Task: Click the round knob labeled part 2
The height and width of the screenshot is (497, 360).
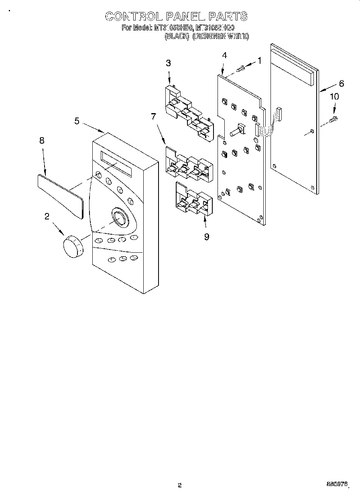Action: click(x=73, y=246)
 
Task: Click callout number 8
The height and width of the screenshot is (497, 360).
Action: click(x=42, y=140)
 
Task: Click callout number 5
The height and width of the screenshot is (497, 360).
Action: click(x=77, y=121)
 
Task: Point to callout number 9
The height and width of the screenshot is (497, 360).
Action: click(x=206, y=237)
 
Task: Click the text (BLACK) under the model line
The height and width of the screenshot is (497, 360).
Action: click(x=177, y=36)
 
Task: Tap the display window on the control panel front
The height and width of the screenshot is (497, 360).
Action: click(x=116, y=164)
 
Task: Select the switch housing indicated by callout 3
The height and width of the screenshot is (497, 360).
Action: click(x=189, y=114)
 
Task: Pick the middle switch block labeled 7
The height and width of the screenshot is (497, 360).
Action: click(x=187, y=165)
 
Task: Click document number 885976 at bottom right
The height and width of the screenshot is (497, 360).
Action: click(x=336, y=485)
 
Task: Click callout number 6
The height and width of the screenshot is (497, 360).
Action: click(x=341, y=83)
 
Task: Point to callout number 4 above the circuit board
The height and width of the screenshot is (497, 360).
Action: click(x=224, y=56)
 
